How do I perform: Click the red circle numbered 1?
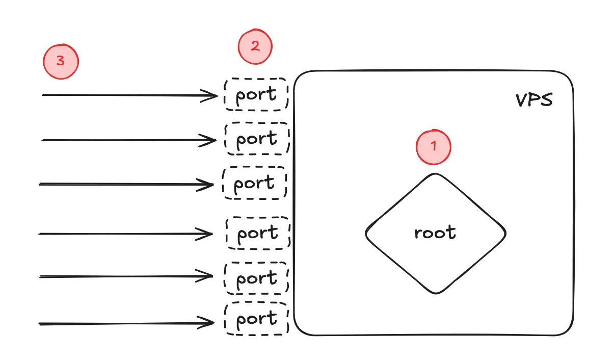tap(434, 147)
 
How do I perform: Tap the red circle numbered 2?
tap(255, 47)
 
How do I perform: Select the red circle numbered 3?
tap(61, 62)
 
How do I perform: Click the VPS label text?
tap(534, 100)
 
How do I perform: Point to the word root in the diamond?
tap(435, 233)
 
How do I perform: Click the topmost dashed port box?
tap(256, 94)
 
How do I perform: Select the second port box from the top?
tap(257, 139)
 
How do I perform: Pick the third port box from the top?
tap(255, 183)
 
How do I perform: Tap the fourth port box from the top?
tap(258, 233)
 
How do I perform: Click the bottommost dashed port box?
tap(257, 319)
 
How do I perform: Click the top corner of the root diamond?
tap(436, 174)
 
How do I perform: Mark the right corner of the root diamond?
tap(505, 234)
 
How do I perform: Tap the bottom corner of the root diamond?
tap(436, 293)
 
